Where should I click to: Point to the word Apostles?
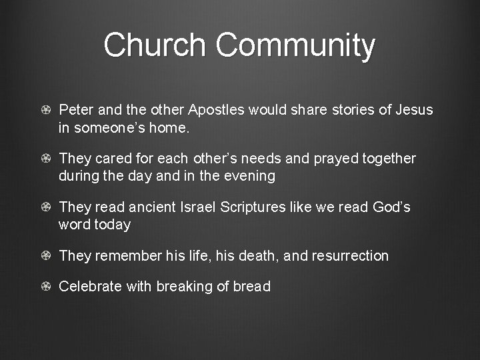[217, 109]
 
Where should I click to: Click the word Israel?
[202, 207]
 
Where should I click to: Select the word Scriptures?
[259, 207]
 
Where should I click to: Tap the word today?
[113, 225]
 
